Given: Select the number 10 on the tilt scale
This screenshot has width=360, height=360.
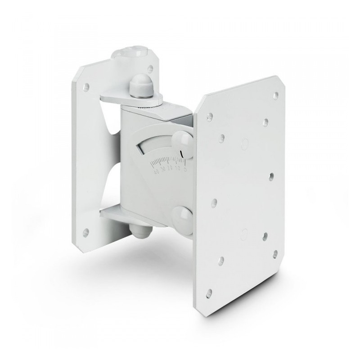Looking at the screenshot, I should point(178,168).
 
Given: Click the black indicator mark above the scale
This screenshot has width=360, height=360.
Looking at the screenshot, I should point(182,155).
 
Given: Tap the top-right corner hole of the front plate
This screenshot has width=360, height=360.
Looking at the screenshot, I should point(276,94).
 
